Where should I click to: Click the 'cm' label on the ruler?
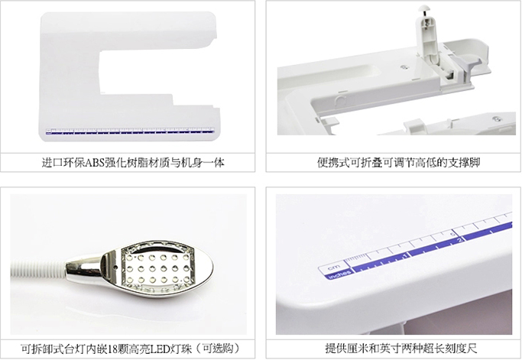point(334,268)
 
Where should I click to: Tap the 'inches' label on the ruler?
point(339,274)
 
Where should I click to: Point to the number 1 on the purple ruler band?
point(405,256)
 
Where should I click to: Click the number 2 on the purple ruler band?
point(460,240)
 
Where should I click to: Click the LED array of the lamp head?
point(157,268)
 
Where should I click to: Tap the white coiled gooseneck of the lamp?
point(38,269)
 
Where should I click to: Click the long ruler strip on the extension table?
point(130,131)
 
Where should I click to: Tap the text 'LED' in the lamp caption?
point(160,349)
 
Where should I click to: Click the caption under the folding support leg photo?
point(398,163)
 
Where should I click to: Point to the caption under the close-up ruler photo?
point(400,349)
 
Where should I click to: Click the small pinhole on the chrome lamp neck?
point(115,267)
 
